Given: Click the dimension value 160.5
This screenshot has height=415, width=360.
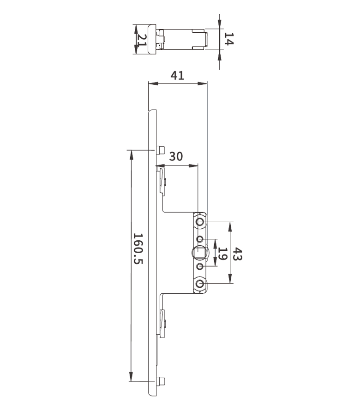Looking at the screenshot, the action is pyautogui.click(x=138, y=249).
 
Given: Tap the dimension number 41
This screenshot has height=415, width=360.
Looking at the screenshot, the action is pyautogui.click(x=177, y=76).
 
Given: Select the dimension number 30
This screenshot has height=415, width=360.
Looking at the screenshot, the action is pyautogui.click(x=176, y=156).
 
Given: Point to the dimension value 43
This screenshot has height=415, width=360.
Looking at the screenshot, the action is pyautogui.click(x=237, y=254).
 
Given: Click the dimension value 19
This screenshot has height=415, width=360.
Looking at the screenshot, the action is pyautogui.click(x=222, y=254).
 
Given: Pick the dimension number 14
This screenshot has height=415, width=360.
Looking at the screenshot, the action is pyautogui.click(x=229, y=39).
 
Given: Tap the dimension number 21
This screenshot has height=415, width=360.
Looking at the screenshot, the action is pyautogui.click(x=141, y=40).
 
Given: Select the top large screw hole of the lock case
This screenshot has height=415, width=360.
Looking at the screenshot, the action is pyautogui.click(x=200, y=221).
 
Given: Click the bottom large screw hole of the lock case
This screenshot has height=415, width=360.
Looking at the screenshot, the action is pyautogui.click(x=200, y=284).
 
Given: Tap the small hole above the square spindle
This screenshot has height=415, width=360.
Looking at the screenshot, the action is pyautogui.click(x=200, y=239).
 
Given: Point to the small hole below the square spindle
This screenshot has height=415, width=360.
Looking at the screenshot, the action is pyautogui.click(x=200, y=266).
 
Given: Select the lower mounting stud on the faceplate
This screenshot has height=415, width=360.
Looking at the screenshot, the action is pyautogui.click(x=161, y=381).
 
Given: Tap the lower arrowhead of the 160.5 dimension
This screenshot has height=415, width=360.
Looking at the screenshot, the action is pyautogui.click(x=131, y=377).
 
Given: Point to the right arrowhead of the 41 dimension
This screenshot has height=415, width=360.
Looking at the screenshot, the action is pyautogui.click(x=202, y=83).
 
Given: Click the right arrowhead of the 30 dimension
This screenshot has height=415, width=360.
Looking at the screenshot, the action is pyautogui.click(x=193, y=166).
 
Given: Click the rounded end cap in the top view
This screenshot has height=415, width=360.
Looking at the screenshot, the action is pyautogui.click(x=152, y=40).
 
